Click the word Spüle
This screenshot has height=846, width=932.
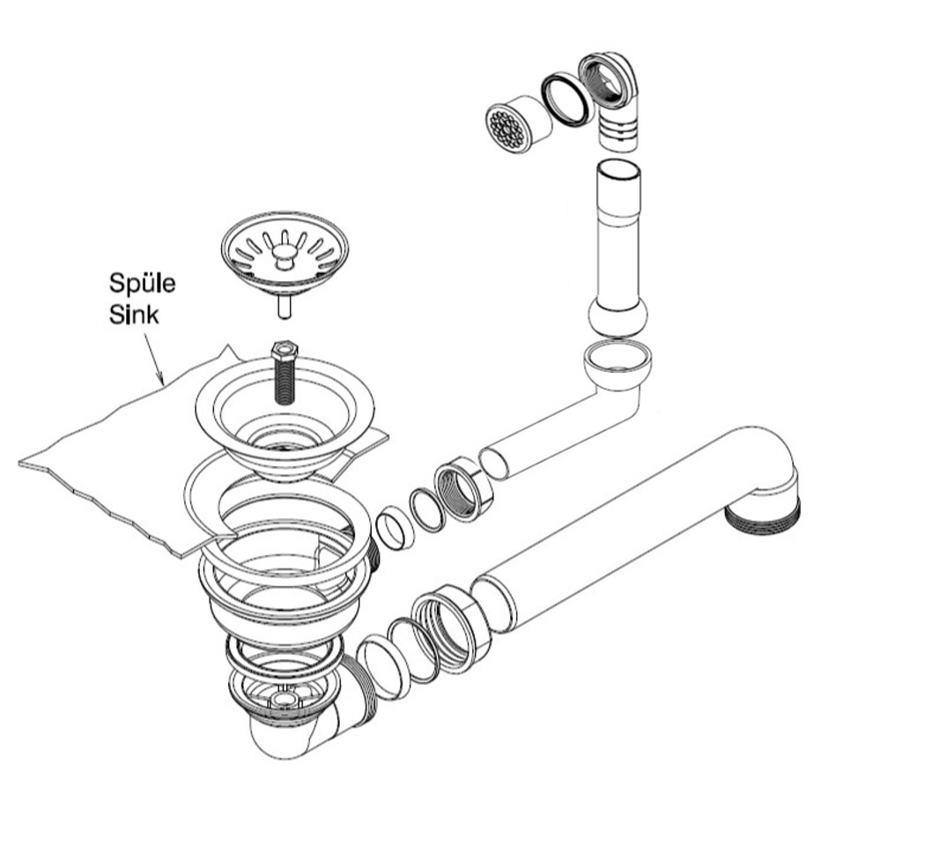(x=142, y=284)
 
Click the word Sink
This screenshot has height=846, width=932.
(x=134, y=315)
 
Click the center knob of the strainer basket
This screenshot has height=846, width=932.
(x=285, y=256)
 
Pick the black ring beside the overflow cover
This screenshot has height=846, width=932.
(x=567, y=100)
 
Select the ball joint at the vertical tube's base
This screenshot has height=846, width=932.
(x=618, y=318)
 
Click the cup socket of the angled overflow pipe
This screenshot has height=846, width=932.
(x=617, y=364)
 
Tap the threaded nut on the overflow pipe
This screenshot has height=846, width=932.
(x=463, y=489)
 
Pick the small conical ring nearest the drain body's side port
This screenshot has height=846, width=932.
(x=394, y=528)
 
